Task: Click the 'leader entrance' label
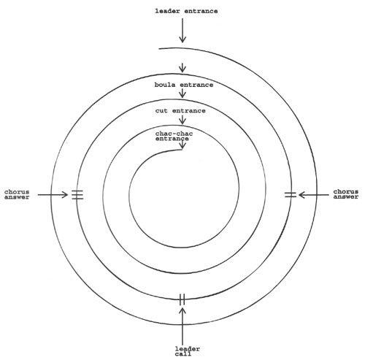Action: pyautogui.click(x=186, y=11)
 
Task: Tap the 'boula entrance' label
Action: pyautogui.click(x=184, y=85)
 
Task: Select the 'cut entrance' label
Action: pyautogui.click(x=180, y=111)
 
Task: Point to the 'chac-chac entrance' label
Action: pyautogui.click(x=174, y=136)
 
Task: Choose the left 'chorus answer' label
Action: pyautogui.click(x=17, y=195)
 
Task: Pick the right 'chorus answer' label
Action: pyautogui.click(x=346, y=194)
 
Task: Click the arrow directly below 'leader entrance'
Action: pyautogui.click(x=182, y=31)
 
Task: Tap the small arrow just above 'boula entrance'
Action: pyautogui.click(x=182, y=68)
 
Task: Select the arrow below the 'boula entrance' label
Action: pyautogui.click(x=182, y=93)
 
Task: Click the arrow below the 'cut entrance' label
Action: pyautogui.click(x=182, y=120)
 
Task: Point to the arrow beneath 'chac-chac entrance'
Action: pyautogui.click(x=182, y=145)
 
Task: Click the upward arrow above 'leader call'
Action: pyautogui.click(x=182, y=326)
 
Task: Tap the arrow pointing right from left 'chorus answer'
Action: pyautogui.click(x=53, y=194)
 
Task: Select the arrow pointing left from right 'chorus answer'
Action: pyautogui.click(x=313, y=195)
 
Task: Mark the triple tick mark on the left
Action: pyautogui.click(x=77, y=195)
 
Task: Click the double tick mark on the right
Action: pyautogui.click(x=291, y=195)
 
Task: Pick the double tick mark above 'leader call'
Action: pyautogui.click(x=182, y=299)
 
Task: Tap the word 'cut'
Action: pyautogui.click(x=161, y=111)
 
